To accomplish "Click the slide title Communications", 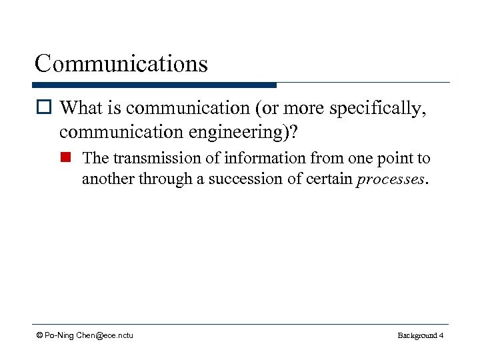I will click(121, 64).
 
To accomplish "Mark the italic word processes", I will click(389, 179).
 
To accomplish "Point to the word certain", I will click(331, 179).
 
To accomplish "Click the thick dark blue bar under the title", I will click(154, 85).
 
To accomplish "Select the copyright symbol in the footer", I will click(39, 335).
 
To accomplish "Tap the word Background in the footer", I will click(417, 335).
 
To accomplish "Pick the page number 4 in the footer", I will click(441, 335).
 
